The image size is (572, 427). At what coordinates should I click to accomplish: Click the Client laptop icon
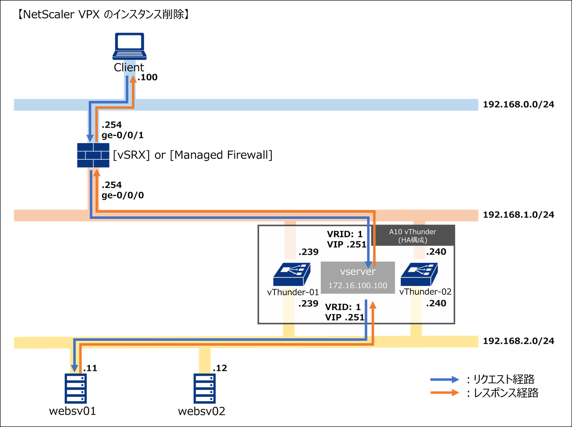129,46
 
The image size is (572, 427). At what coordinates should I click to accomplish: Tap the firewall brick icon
93,155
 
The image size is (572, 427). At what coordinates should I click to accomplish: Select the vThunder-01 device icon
292,274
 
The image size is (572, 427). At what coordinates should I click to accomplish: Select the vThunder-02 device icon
419,274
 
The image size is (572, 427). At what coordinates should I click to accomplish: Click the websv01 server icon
76,389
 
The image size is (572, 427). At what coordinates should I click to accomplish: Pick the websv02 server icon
205,389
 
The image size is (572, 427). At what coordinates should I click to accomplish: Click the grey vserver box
358,278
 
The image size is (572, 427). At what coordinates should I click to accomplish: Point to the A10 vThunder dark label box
413,235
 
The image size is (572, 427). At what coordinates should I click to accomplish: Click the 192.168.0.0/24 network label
518,104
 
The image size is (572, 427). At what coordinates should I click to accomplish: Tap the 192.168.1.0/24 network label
518,215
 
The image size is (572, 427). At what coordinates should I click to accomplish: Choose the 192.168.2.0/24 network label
518,341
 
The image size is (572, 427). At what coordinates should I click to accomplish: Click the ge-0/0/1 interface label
123,135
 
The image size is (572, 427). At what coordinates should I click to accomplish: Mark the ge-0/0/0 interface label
123,195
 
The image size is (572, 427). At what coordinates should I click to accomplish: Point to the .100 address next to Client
148,77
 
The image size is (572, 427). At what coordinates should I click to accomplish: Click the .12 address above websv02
220,368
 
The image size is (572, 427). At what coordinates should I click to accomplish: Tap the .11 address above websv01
90,368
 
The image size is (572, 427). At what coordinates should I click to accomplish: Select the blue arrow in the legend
445,380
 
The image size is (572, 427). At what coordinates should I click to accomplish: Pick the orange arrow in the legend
445,393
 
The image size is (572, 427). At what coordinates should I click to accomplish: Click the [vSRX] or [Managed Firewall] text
192,155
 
